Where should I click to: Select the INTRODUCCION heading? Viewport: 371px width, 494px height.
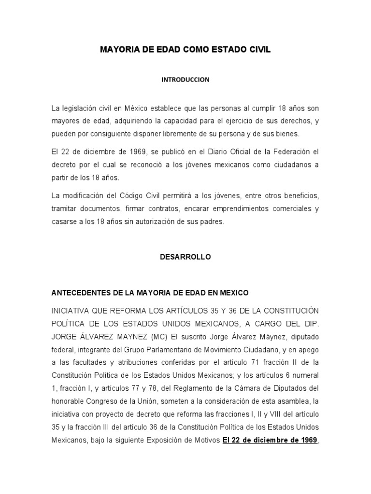(x=185, y=80)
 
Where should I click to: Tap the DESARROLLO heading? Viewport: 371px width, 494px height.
(x=185, y=257)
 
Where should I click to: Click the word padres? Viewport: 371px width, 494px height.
(x=213, y=222)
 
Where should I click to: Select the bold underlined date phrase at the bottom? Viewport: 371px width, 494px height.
(x=270, y=440)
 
